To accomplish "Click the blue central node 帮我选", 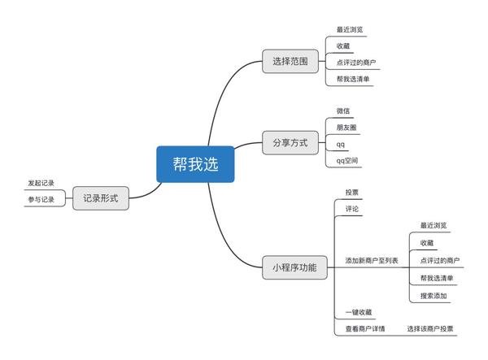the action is (x=195, y=164).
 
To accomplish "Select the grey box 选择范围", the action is (x=290, y=61).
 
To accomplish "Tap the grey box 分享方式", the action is (x=290, y=143).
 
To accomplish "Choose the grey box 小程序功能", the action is (x=294, y=267).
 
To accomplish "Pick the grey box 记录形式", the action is (x=101, y=198).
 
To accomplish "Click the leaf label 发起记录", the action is (x=41, y=183).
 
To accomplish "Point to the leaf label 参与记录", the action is (x=41, y=200).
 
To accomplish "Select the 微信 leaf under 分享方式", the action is (x=343, y=111).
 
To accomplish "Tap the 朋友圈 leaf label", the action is (x=346, y=128).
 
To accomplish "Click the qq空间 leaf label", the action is (x=347, y=161).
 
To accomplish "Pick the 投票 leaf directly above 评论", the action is (x=351, y=193).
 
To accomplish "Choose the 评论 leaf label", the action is (x=351, y=209).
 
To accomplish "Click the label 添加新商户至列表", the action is (x=372, y=261).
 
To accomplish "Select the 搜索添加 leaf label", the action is (x=434, y=296).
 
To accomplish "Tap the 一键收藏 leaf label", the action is (x=359, y=312).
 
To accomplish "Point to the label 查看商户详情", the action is (x=365, y=328).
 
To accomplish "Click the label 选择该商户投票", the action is (x=430, y=328).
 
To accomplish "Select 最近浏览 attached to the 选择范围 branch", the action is (x=350, y=29).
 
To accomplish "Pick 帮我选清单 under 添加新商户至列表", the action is (x=437, y=278).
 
